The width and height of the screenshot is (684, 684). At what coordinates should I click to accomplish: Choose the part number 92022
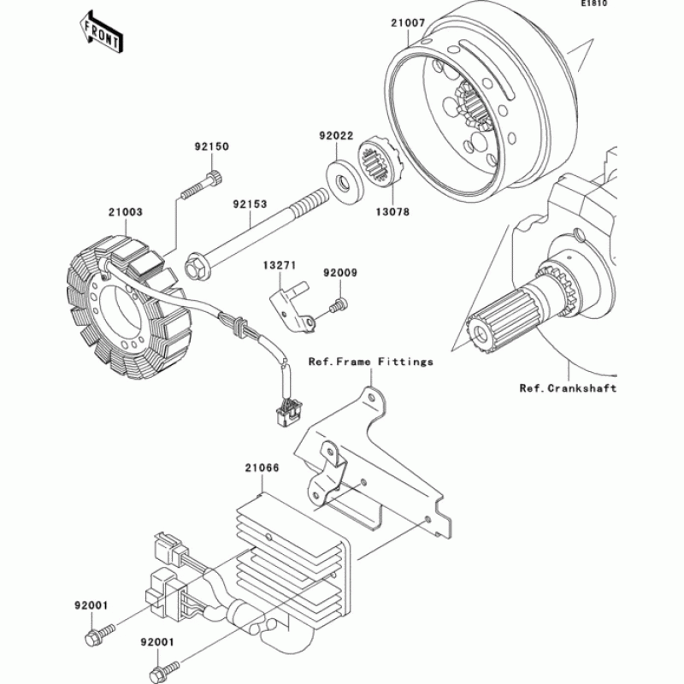(337, 135)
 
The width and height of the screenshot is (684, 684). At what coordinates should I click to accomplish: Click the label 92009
(339, 274)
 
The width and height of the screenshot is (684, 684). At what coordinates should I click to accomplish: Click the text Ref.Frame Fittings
(371, 362)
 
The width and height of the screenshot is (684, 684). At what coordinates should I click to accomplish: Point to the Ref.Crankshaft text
(568, 387)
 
